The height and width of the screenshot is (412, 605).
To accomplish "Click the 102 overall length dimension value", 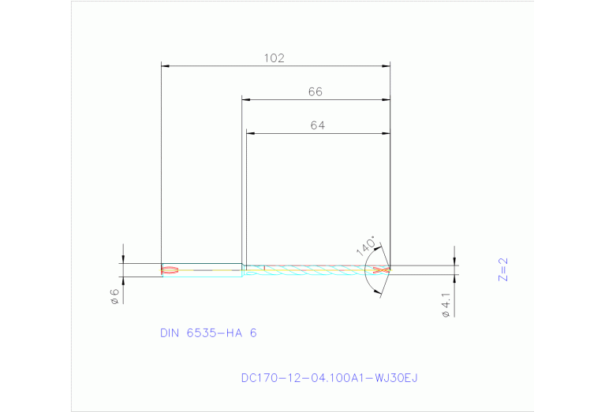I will (x=274, y=58).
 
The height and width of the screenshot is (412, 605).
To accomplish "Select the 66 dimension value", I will (x=315, y=92).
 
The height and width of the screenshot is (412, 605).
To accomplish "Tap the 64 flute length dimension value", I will (x=317, y=125).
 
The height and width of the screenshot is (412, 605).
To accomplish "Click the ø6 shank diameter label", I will (x=114, y=296).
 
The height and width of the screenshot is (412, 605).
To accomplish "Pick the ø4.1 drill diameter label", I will (x=446, y=305).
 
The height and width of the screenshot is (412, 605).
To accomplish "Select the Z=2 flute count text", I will (x=503, y=269).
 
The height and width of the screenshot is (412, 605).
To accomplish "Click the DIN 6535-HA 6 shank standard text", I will (x=208, y=333).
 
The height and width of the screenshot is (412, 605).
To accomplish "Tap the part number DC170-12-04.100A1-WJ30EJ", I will (x=329, y=378).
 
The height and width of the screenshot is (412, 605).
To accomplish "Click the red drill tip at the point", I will (x=382, y=270).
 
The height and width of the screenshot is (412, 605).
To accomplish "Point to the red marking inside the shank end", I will (x=170, y=270).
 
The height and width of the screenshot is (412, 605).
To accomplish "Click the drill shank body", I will (x=202, y=270).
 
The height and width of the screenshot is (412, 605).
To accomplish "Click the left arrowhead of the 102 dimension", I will (x=164, y=66).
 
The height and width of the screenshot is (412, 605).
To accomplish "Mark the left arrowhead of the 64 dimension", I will (x=250, y=133).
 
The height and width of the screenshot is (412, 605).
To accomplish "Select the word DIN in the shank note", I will (x=170, y=333).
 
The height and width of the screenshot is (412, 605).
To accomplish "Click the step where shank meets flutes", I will (x=243, y=270).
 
